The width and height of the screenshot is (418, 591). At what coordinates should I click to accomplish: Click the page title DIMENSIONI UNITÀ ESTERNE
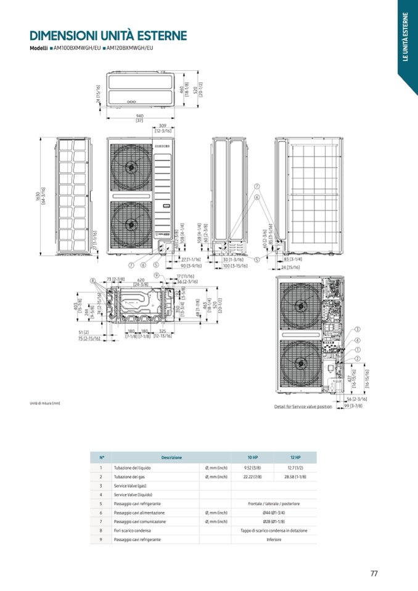click(108, 36)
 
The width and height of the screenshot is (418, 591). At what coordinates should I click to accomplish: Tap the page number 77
click(374, 573)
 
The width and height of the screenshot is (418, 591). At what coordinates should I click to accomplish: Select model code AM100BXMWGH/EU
click(77, 48)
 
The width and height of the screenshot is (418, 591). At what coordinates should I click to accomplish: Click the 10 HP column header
click(252, 457)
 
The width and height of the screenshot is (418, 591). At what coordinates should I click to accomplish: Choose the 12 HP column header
click(295, 457)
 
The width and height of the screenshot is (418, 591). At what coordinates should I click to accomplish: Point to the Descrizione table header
click(171, 457)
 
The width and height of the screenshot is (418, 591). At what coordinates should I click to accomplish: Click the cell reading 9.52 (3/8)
click(252, 468)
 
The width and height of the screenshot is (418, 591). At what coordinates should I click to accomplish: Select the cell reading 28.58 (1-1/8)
click(295, 477)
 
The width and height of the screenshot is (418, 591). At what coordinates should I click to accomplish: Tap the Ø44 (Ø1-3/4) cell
click(274, 513)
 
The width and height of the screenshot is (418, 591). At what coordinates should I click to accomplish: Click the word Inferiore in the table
click(274, 539)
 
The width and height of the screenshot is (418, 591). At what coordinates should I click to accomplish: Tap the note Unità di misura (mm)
click(45, 404)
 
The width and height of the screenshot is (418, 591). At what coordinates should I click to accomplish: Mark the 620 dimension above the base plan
click(141, 279)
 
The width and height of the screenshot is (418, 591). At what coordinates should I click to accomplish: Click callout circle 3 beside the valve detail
click(358, 330)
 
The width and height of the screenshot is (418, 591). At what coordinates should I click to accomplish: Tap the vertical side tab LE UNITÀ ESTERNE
click(406, 37)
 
